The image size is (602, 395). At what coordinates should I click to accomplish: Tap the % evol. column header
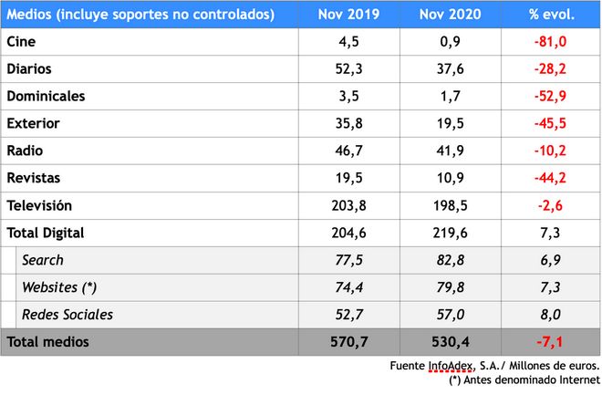point(551,15)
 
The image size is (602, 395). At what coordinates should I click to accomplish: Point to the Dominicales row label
point(45,96)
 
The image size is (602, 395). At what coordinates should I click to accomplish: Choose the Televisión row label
point(39,205)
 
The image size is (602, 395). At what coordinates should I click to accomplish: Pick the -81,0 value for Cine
point(551,42)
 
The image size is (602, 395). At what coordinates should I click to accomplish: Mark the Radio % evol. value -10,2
point(551,151)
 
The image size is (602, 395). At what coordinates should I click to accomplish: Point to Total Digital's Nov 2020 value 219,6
point(449,233)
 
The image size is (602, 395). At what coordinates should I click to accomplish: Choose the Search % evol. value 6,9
point(551,260)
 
